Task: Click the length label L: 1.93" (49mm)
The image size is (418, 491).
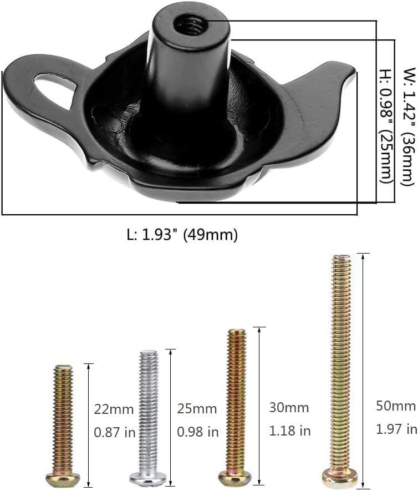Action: [182, 235]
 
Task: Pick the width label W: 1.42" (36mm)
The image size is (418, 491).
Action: [409, 126]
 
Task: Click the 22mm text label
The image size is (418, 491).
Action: [114, 409]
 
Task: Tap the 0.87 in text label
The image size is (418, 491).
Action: [115, 432]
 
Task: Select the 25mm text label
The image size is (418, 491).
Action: [197, 409]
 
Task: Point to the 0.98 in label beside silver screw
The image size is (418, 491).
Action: [198, 432]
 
